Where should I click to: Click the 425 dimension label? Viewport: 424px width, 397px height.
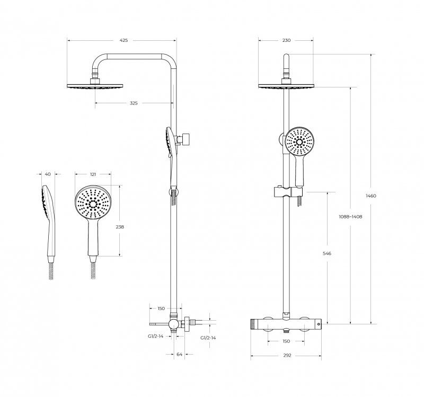click(x=123, y=40)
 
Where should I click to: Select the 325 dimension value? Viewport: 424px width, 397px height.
click(x=134, y=103)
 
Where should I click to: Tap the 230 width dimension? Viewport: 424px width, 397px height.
click(x=286, y=40)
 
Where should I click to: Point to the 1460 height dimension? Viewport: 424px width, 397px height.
click(x=370, y=196)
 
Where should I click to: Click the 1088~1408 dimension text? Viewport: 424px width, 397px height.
click(x=350, y=217)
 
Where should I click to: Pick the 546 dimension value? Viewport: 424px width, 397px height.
click(x=327, y=253)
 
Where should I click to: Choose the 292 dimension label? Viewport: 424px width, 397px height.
click(x=287, y=355)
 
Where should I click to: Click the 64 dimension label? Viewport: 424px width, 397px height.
click(x=180, y=354)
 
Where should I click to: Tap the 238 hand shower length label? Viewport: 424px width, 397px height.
click(x=120, y=227)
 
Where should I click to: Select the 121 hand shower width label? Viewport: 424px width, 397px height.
click(x=93, y=174)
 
